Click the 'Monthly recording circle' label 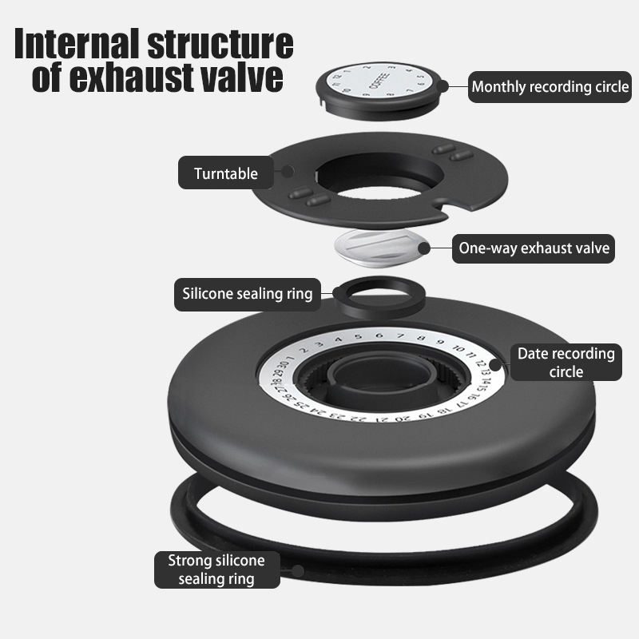pyautogui.click(x=550, y=87)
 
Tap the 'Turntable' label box pyautogui.click(x=226, y=173)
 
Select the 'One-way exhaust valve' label pyautogui.click(x=534, y=248)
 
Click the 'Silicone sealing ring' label pyautogui.click(x=248, y=294)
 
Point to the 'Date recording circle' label pyautogui.click(x=566, y=363)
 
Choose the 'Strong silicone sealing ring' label pyautogui.click(x=216, y=570)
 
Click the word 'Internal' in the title pyautogui.click(x=78, y=44)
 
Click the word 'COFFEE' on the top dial pyautogui.click(x=379, y=81)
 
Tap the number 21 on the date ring pyautogui.click(x=382, y=419)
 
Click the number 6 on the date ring pyautogui.click(x=380, y=335)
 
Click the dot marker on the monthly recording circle pyautogui.click(x=443, y=86)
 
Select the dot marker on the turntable pyautogui.click(x=288, y=171)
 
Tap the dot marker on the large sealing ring pyautogui.click(x=298, y=571)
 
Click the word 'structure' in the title pyautogui.click(x=220, y=44)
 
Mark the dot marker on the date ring pyautogui.click(x=495, y=365)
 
